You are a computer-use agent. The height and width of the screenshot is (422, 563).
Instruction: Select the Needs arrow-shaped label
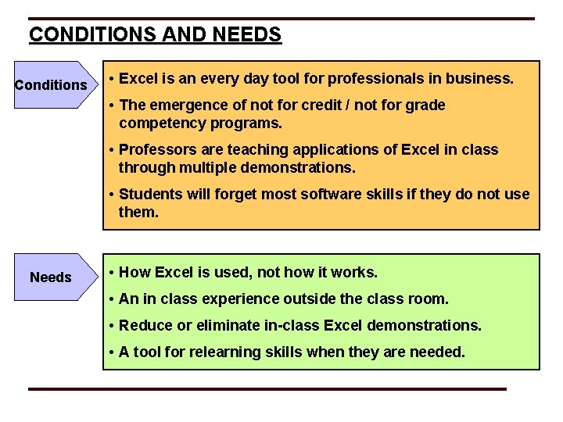tap(52, 277)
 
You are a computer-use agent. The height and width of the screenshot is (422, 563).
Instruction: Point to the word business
tap(482, 79)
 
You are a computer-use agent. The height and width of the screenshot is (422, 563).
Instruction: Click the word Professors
tap(153, 150)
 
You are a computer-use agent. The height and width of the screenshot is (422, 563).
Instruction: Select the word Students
tap(150, 194)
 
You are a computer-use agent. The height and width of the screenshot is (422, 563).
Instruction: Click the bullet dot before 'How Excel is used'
tap(113, 273)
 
